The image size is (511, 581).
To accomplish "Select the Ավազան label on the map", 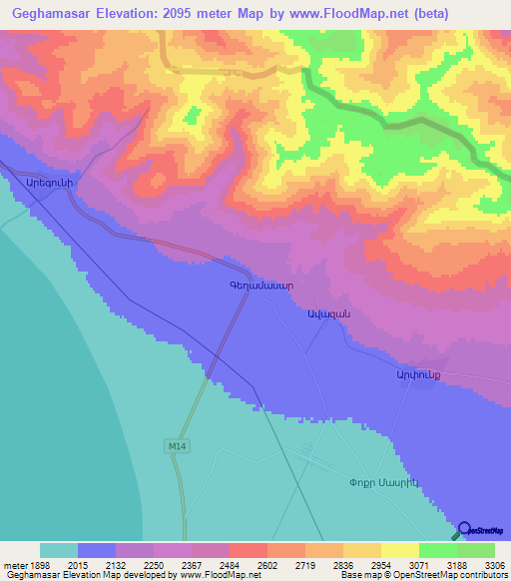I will pyautogui.click(x=326, y=313).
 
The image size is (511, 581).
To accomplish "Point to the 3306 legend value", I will pyautogui.click(x=495, y=566).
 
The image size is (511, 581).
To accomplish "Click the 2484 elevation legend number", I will pyautogui.click(x=210, y=566).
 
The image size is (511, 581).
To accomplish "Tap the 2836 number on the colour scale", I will pyautogui.click(x=323, y=566).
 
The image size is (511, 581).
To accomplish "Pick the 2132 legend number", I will pyautogui.click(x=97, y=566).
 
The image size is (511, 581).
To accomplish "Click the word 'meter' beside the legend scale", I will pyautogui.click(x=17, y=566).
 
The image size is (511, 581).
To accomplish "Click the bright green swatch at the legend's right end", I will pyautogui.click(x=476, y=550).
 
